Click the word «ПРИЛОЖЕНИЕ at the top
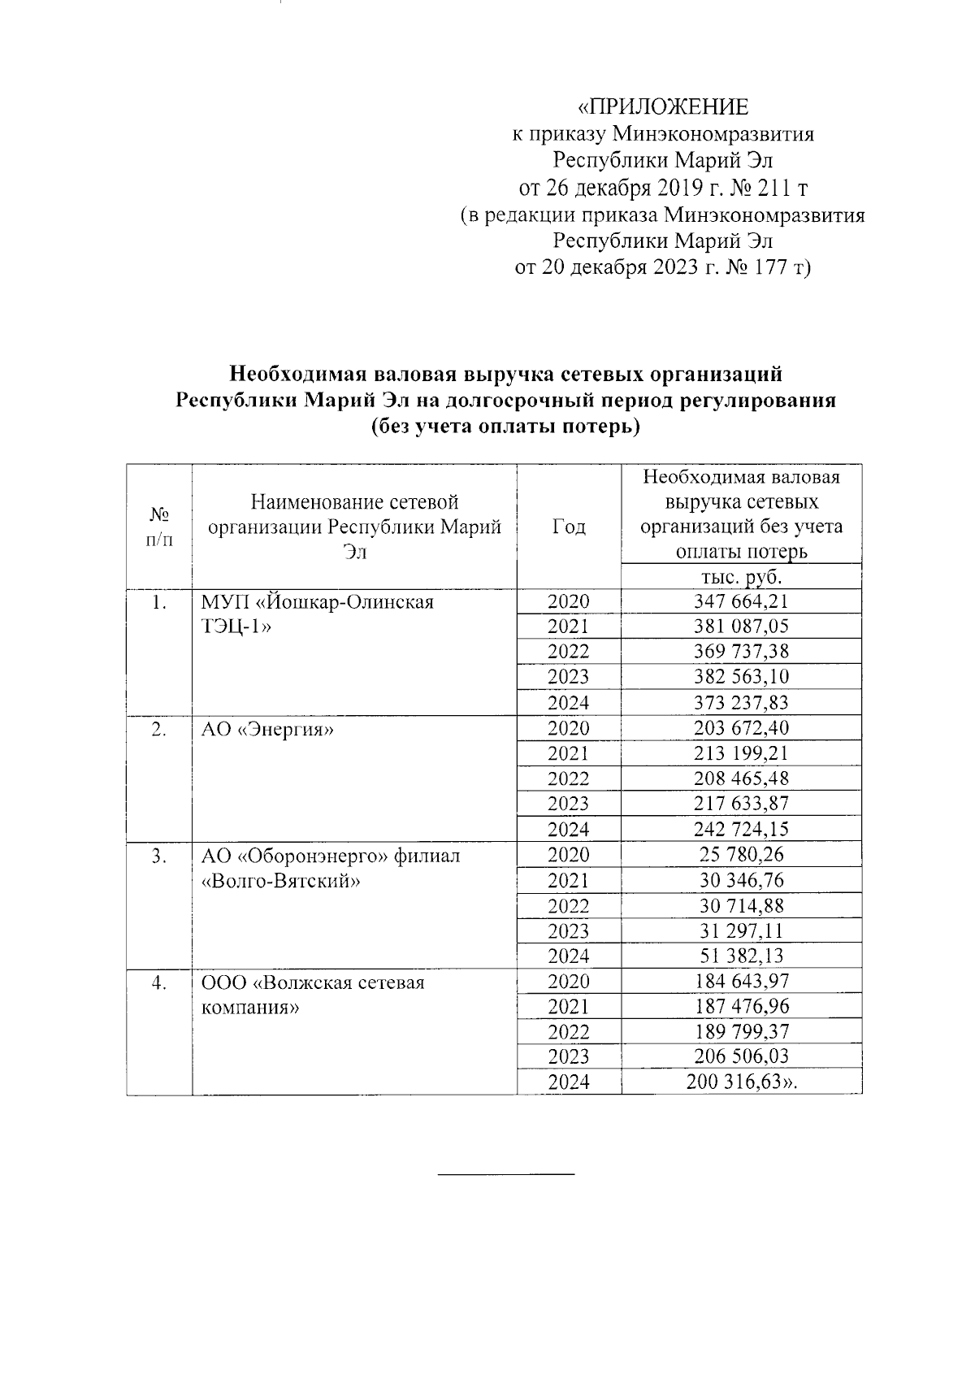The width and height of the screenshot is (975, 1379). tap(662, 107)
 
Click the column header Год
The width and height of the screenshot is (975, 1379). tap(568, 527)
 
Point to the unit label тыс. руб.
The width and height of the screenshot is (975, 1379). tap(740, 577)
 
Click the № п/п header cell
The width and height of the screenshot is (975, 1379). tap(159, 527)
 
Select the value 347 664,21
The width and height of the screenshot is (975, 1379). tap(740, 601)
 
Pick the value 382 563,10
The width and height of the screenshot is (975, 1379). tap(740, 677)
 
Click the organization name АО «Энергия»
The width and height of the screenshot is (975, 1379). tap(268, 729)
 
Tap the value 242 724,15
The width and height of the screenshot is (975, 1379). tap(740, 829)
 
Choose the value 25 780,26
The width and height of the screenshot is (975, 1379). tap(740, 855)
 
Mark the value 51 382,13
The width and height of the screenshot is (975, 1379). tap(740, 956)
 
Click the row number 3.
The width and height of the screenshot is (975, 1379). tap(159, 856)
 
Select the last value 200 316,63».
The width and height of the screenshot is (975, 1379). tap(746, 1082)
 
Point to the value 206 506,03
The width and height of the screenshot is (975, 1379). tap(740, 1056)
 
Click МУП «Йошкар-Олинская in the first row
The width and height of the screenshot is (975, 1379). tap(318, 602)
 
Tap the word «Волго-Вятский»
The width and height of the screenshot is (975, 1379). tap(280, 881)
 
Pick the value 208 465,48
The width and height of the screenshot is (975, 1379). tap(740, 778)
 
